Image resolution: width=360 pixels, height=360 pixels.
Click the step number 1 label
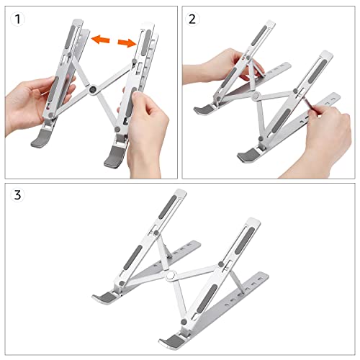[17, 19]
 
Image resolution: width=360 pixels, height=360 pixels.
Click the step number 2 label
[192, 19]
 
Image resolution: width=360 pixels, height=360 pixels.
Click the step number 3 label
[18, 195]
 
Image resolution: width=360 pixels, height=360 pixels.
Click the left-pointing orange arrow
[101, 40]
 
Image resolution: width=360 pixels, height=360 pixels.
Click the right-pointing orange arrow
[127, 43]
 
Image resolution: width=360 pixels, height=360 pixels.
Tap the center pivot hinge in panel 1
[93, 90]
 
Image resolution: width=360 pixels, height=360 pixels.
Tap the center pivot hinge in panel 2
[256, 96]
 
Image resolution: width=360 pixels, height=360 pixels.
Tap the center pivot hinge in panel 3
[171, 275]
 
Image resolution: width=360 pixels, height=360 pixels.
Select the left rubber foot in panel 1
[41, 139]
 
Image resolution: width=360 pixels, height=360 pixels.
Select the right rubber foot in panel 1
[115, 157]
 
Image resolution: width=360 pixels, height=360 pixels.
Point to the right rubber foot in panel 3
[172, 341]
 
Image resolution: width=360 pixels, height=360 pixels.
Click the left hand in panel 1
[36, 101]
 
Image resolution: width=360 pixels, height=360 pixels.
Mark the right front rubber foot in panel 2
[249, 156]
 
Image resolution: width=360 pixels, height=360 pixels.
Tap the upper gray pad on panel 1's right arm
[146, 42]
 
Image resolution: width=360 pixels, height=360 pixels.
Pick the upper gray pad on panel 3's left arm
[168, 207]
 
